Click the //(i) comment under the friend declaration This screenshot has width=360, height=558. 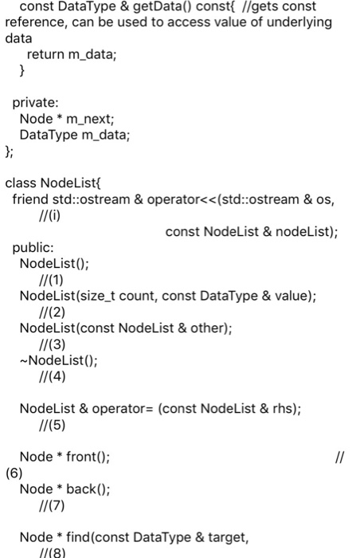(x=49, y=214)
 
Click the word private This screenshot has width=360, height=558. (x=35, y=102)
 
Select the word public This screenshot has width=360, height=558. (x=33, y=248)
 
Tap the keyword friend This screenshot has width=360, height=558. (x=30, y=198)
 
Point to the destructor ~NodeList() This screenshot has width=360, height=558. (x=59, y=360)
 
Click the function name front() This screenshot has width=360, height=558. (x=85, y=457)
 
